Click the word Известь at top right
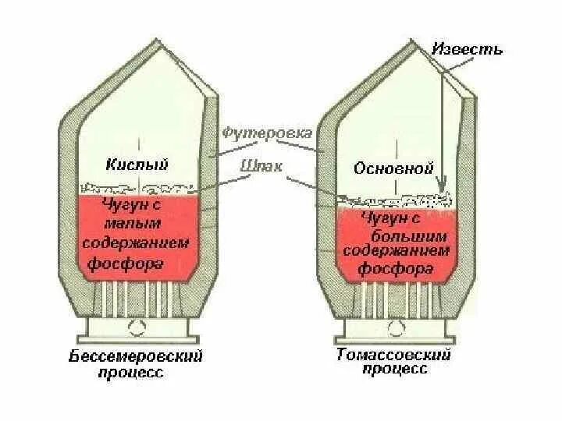coord(468,49)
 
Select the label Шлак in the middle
coord(262,165)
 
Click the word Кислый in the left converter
coord(137,164)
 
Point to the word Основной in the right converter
coord(393,168)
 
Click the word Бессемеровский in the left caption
coord(137,357)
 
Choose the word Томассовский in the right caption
coord(394,355)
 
